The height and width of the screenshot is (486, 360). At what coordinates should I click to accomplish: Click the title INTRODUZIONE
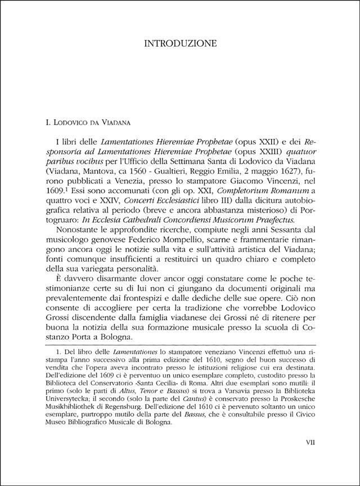[179, 43]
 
